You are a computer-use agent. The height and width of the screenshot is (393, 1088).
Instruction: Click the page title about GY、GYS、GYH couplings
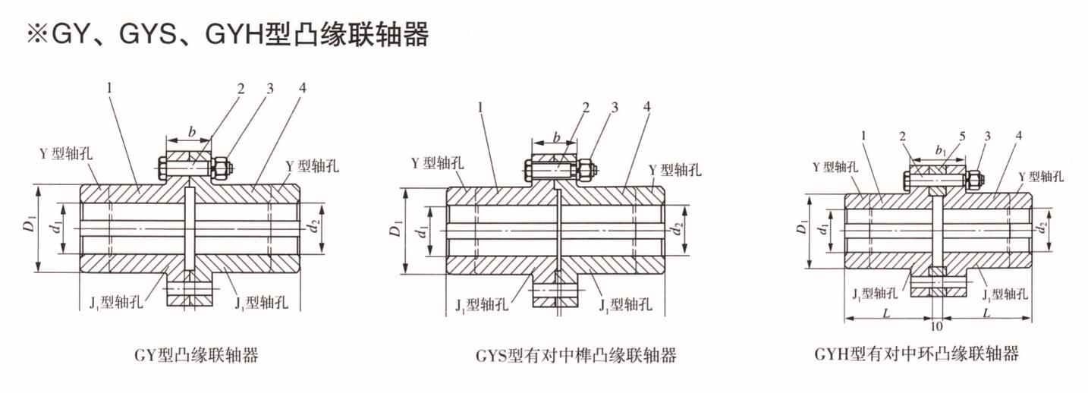[x=228, y=33]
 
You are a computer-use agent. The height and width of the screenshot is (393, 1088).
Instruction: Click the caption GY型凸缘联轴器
[x=196, y=354]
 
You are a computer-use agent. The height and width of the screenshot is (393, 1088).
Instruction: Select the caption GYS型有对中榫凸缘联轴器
[x=576, y=355]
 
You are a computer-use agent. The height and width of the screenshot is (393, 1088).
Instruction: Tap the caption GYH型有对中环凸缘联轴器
[x=917, y=354]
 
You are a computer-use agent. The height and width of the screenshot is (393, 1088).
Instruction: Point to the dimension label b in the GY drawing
[x=192, y=132]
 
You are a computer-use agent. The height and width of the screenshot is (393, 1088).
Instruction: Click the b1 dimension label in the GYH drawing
[x=940, y=151]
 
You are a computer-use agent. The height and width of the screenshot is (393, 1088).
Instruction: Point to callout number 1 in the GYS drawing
[x=481, y=108]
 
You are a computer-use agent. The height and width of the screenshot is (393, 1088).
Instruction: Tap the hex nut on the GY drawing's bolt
[x=222, y=167]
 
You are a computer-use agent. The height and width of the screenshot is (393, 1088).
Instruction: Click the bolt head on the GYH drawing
[x=908, y=181]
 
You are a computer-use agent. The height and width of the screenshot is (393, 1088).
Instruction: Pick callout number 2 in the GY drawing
[x=241, y=89]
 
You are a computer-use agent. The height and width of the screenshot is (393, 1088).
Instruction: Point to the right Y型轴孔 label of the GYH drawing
[x=1040, y=176]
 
